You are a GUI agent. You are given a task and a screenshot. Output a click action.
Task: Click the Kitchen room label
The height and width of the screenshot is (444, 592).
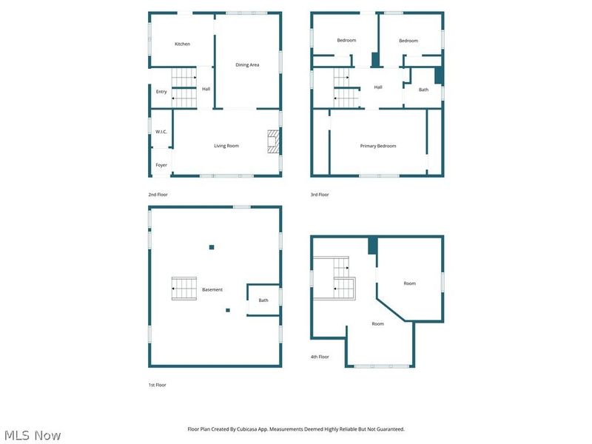coord(182,44)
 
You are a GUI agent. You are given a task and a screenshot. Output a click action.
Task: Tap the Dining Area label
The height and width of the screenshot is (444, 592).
coord(247,65)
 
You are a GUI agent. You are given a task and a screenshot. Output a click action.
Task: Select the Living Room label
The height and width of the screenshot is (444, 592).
coord(226,146)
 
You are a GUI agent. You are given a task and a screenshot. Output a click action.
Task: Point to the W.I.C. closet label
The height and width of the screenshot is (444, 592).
coord(161,132)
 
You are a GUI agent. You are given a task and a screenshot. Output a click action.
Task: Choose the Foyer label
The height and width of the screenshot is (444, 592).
coord(161,165)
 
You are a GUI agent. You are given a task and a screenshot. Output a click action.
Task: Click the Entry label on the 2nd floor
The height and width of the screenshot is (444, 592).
coord(161,92)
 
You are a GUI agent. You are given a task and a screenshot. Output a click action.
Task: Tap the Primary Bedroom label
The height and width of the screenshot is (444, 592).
coord(377,146)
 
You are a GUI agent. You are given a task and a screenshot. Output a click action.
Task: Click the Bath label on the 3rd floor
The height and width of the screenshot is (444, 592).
coord(423,90)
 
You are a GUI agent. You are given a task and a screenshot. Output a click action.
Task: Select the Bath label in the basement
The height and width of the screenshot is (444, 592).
coord(263,300)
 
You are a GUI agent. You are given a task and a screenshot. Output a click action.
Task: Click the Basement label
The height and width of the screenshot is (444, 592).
coord(212,289)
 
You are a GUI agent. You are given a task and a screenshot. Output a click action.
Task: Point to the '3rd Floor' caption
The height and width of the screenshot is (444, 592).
coord(320,195)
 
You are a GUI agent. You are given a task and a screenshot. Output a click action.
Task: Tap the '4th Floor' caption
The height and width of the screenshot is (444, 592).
coord(320,357)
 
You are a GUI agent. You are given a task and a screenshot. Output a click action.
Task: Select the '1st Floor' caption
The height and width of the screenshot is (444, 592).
coord(157,385)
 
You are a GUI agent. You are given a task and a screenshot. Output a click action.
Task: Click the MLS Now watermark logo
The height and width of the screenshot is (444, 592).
coord(33,435)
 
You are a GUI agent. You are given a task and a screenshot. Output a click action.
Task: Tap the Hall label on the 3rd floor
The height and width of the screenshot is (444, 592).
coord(378,87)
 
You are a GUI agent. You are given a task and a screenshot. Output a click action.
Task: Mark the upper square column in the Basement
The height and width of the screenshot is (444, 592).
coord(212,247)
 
